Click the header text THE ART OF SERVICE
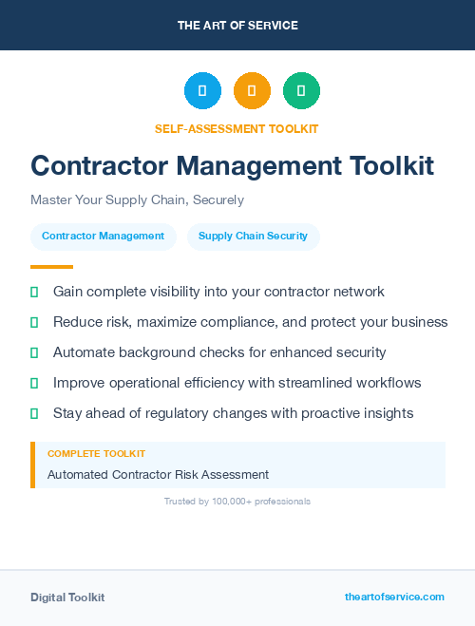[x=237, y=26]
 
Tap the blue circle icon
[x=202, y=91]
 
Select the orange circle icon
[x=252, y=91]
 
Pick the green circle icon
[x=301, y=91]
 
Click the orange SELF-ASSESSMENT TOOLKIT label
[x=237, y=128]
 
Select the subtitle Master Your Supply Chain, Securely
[x=137, y=200]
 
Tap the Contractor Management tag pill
[x=103, y=237]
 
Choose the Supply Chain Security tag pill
[x=253, y=237]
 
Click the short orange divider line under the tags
[x=51, y=267]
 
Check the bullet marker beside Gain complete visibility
[x=34, y=292]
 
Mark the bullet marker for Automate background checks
[x=34, y=352]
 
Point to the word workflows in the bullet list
[x=388, y=383]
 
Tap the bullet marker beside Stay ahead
[x=34, y=413]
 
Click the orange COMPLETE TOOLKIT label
[x=96, y=454]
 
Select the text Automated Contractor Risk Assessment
[x=158, y=474]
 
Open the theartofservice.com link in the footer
[x=394, y=597]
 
